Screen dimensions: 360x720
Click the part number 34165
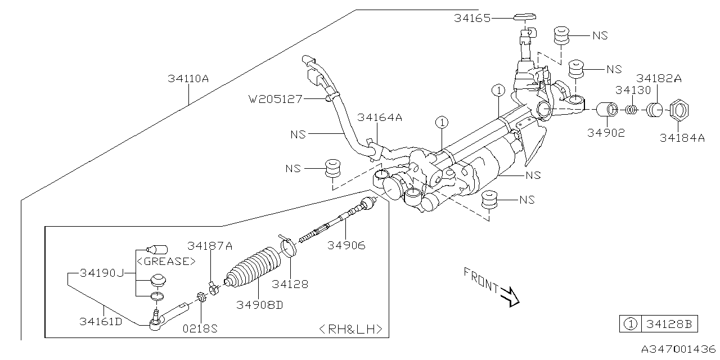472,18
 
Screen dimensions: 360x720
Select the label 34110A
188,79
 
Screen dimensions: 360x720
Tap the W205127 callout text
276,99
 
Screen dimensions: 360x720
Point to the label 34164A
380,118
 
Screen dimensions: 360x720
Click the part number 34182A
658,78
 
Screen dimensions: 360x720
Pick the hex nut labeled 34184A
679,111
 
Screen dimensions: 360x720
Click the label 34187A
210,246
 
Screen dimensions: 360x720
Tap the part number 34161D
102,321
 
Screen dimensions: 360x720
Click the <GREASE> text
166,262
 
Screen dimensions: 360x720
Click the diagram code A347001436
675,349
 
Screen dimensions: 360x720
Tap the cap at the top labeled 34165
524,16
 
